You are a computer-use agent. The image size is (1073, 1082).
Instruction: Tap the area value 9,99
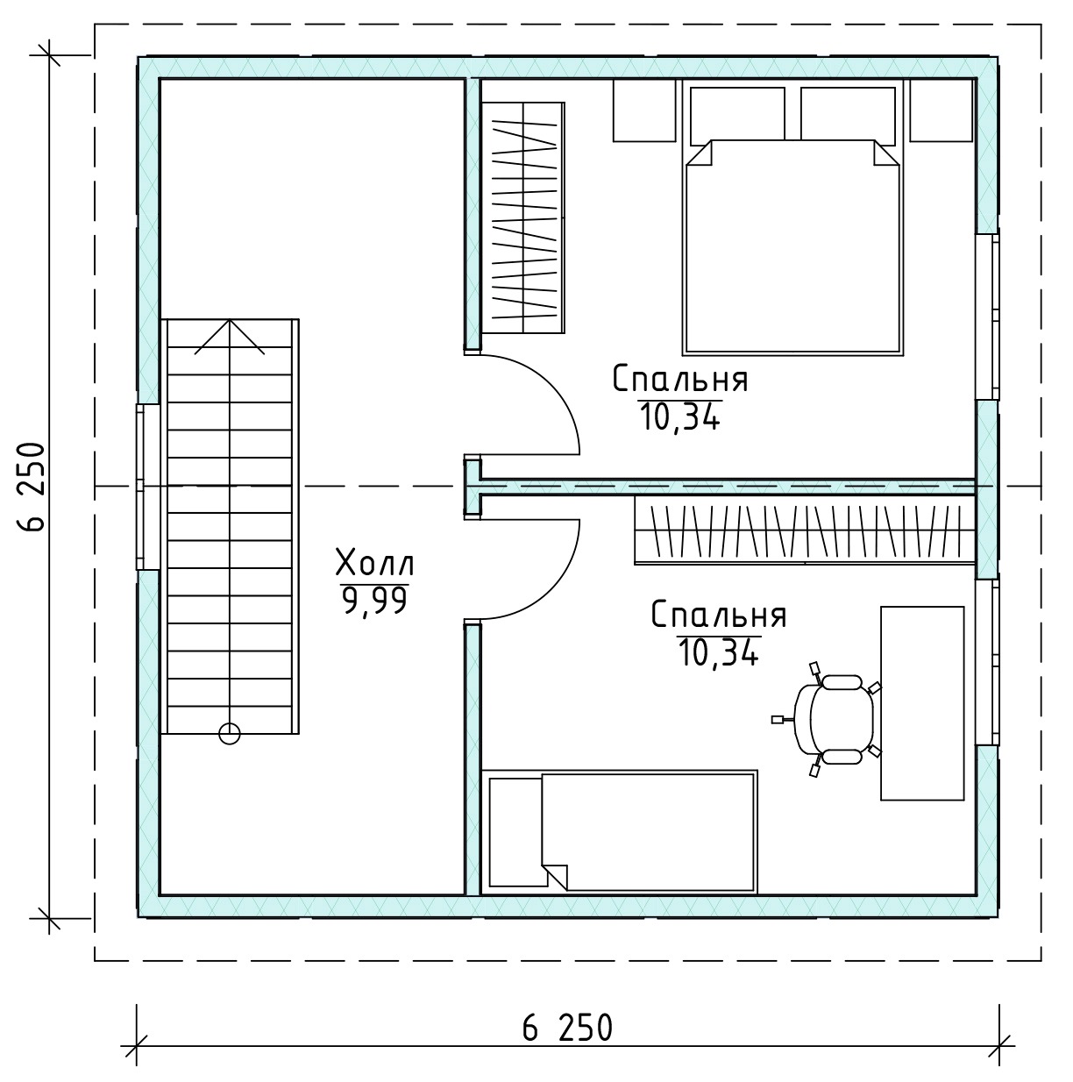[x=374, y=602]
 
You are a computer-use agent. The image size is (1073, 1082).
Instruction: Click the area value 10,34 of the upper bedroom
[x=679, y=417]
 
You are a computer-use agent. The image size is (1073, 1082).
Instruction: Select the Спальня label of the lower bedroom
[x=719, y=615]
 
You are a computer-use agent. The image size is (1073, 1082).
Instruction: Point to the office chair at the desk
[x=826, y=720]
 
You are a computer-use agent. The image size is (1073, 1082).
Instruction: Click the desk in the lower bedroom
[x=922, y=703]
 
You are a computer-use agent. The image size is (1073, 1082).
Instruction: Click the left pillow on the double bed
[x=736, y=114]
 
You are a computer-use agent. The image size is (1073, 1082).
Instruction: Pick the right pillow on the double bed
[x=848, y=114]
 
